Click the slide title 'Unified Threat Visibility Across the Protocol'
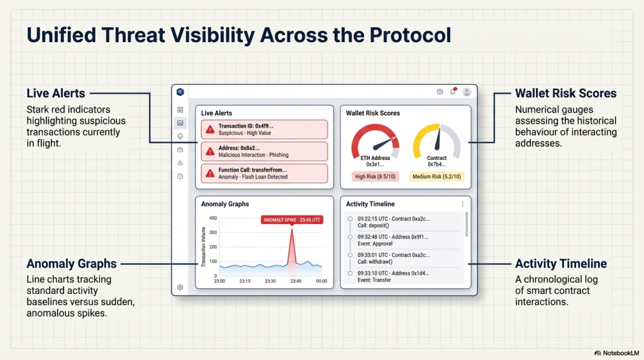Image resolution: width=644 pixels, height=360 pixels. pos(239,35)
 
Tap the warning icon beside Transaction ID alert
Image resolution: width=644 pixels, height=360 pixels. pos(209,130)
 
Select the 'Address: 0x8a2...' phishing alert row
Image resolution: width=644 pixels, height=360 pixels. pos(264,151)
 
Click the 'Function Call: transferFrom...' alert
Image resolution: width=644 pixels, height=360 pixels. pos(264,173)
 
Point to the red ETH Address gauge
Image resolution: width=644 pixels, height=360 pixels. pos(375,142)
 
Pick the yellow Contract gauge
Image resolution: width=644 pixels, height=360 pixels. pos(436,142)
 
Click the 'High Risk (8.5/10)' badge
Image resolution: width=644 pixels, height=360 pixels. pos(375,177)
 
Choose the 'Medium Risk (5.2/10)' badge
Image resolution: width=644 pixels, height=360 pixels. pos(436,177)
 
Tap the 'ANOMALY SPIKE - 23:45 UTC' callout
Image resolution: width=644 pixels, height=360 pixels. pos(292,220)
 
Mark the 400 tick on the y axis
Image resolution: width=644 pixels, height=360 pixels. pos(213,218)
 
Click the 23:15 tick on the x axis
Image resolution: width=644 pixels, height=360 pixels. pos(245,281)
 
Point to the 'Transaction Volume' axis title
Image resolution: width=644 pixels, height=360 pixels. pos(204,247)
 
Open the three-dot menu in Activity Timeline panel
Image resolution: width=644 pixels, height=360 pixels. pos(462,204)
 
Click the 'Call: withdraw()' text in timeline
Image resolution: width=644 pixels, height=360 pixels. pos(375,262)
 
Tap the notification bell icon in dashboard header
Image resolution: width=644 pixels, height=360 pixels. pos(453,91)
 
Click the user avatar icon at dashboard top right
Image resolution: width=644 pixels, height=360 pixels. pos(467,91)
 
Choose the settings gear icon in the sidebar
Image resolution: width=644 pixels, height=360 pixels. pos(180,287)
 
